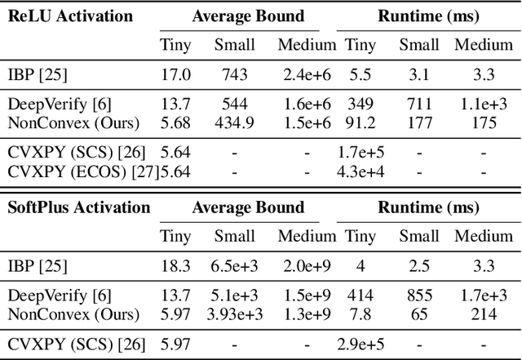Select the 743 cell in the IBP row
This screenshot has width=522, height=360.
[x=234, y=75]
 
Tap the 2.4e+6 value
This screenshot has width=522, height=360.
[x=306, y=75]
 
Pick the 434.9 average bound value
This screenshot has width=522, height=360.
[x=234, y=122]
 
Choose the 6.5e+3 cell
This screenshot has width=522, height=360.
[x=234, y=266]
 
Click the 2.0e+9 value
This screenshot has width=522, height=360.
[x=306, y=266]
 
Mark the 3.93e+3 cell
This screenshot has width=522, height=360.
[x=234, y=313]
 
